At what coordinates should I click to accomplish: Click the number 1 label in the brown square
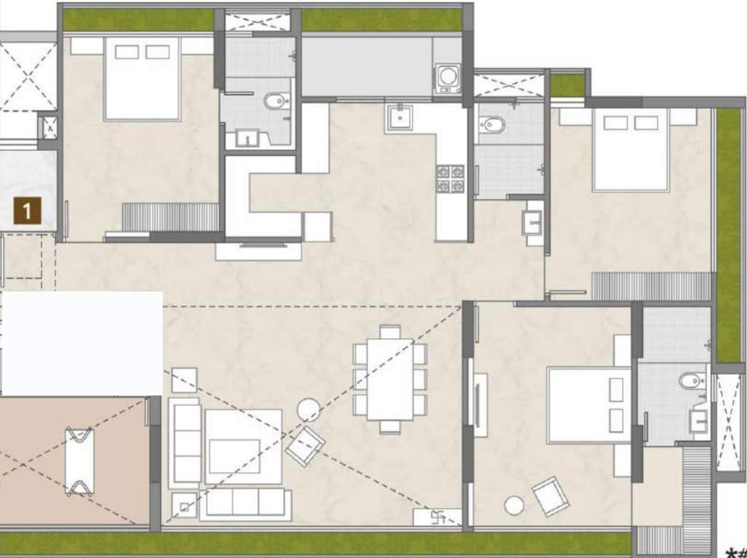point(27,213)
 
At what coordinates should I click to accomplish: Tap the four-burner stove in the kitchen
point(450,179)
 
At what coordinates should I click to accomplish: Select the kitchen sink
point(399,117)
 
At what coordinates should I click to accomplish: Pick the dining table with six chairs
point(390,380)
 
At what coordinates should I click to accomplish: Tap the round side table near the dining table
point(308,411)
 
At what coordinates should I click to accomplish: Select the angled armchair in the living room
point(305,445)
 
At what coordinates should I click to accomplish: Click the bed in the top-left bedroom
point(142,78)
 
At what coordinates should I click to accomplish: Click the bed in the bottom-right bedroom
point(588,405)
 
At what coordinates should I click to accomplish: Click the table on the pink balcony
point(79,461)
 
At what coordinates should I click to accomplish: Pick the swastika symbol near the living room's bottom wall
point(439,517)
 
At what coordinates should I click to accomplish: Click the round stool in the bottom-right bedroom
point(515,504)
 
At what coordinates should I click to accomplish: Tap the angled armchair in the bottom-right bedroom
point(551,496)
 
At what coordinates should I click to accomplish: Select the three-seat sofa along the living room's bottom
point(246,503)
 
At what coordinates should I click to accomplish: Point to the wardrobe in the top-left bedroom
point(170,217)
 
